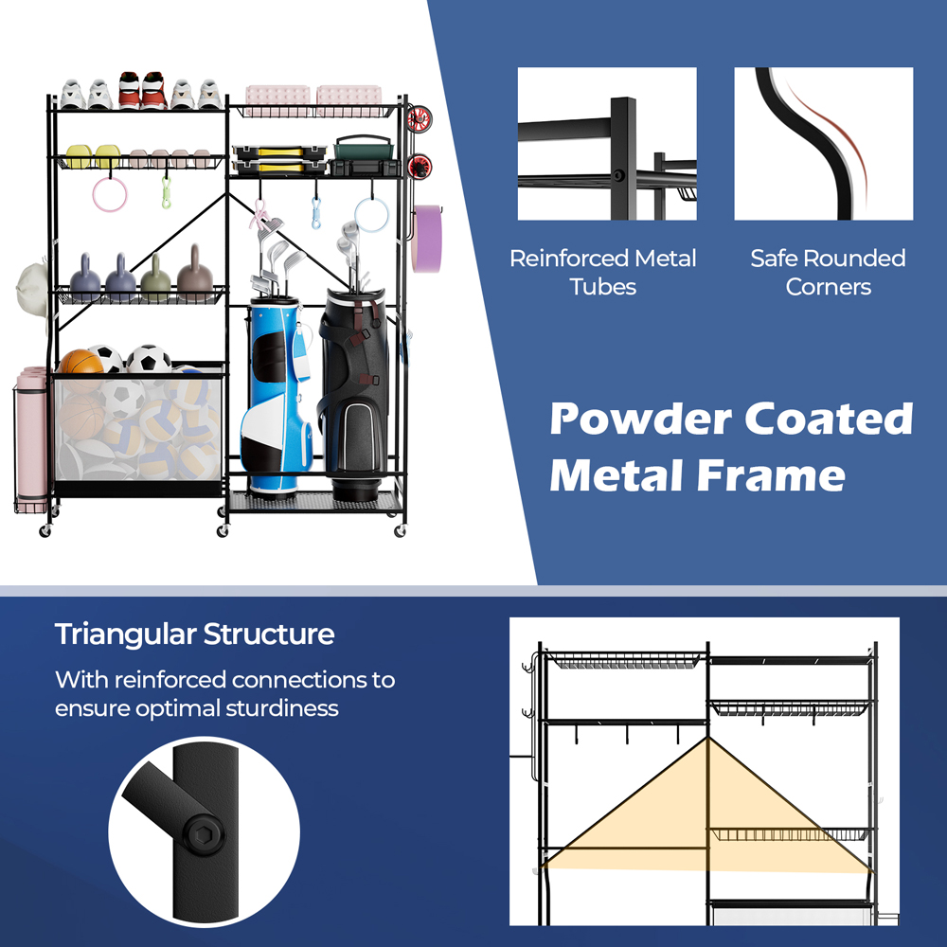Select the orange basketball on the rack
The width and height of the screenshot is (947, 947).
click(x=80, y=364)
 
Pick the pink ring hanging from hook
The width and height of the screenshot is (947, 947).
click(x=109, y=194)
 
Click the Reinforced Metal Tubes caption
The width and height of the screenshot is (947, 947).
click(x=603, y=272)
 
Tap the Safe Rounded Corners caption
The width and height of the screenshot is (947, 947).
click(x=828, y=272)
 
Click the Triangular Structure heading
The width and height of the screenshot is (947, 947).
click(x=194, y=634)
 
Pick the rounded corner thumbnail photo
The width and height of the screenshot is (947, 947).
click(x=823, y=144)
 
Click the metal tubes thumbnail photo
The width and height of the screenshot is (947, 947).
click(x=606, y=144)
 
